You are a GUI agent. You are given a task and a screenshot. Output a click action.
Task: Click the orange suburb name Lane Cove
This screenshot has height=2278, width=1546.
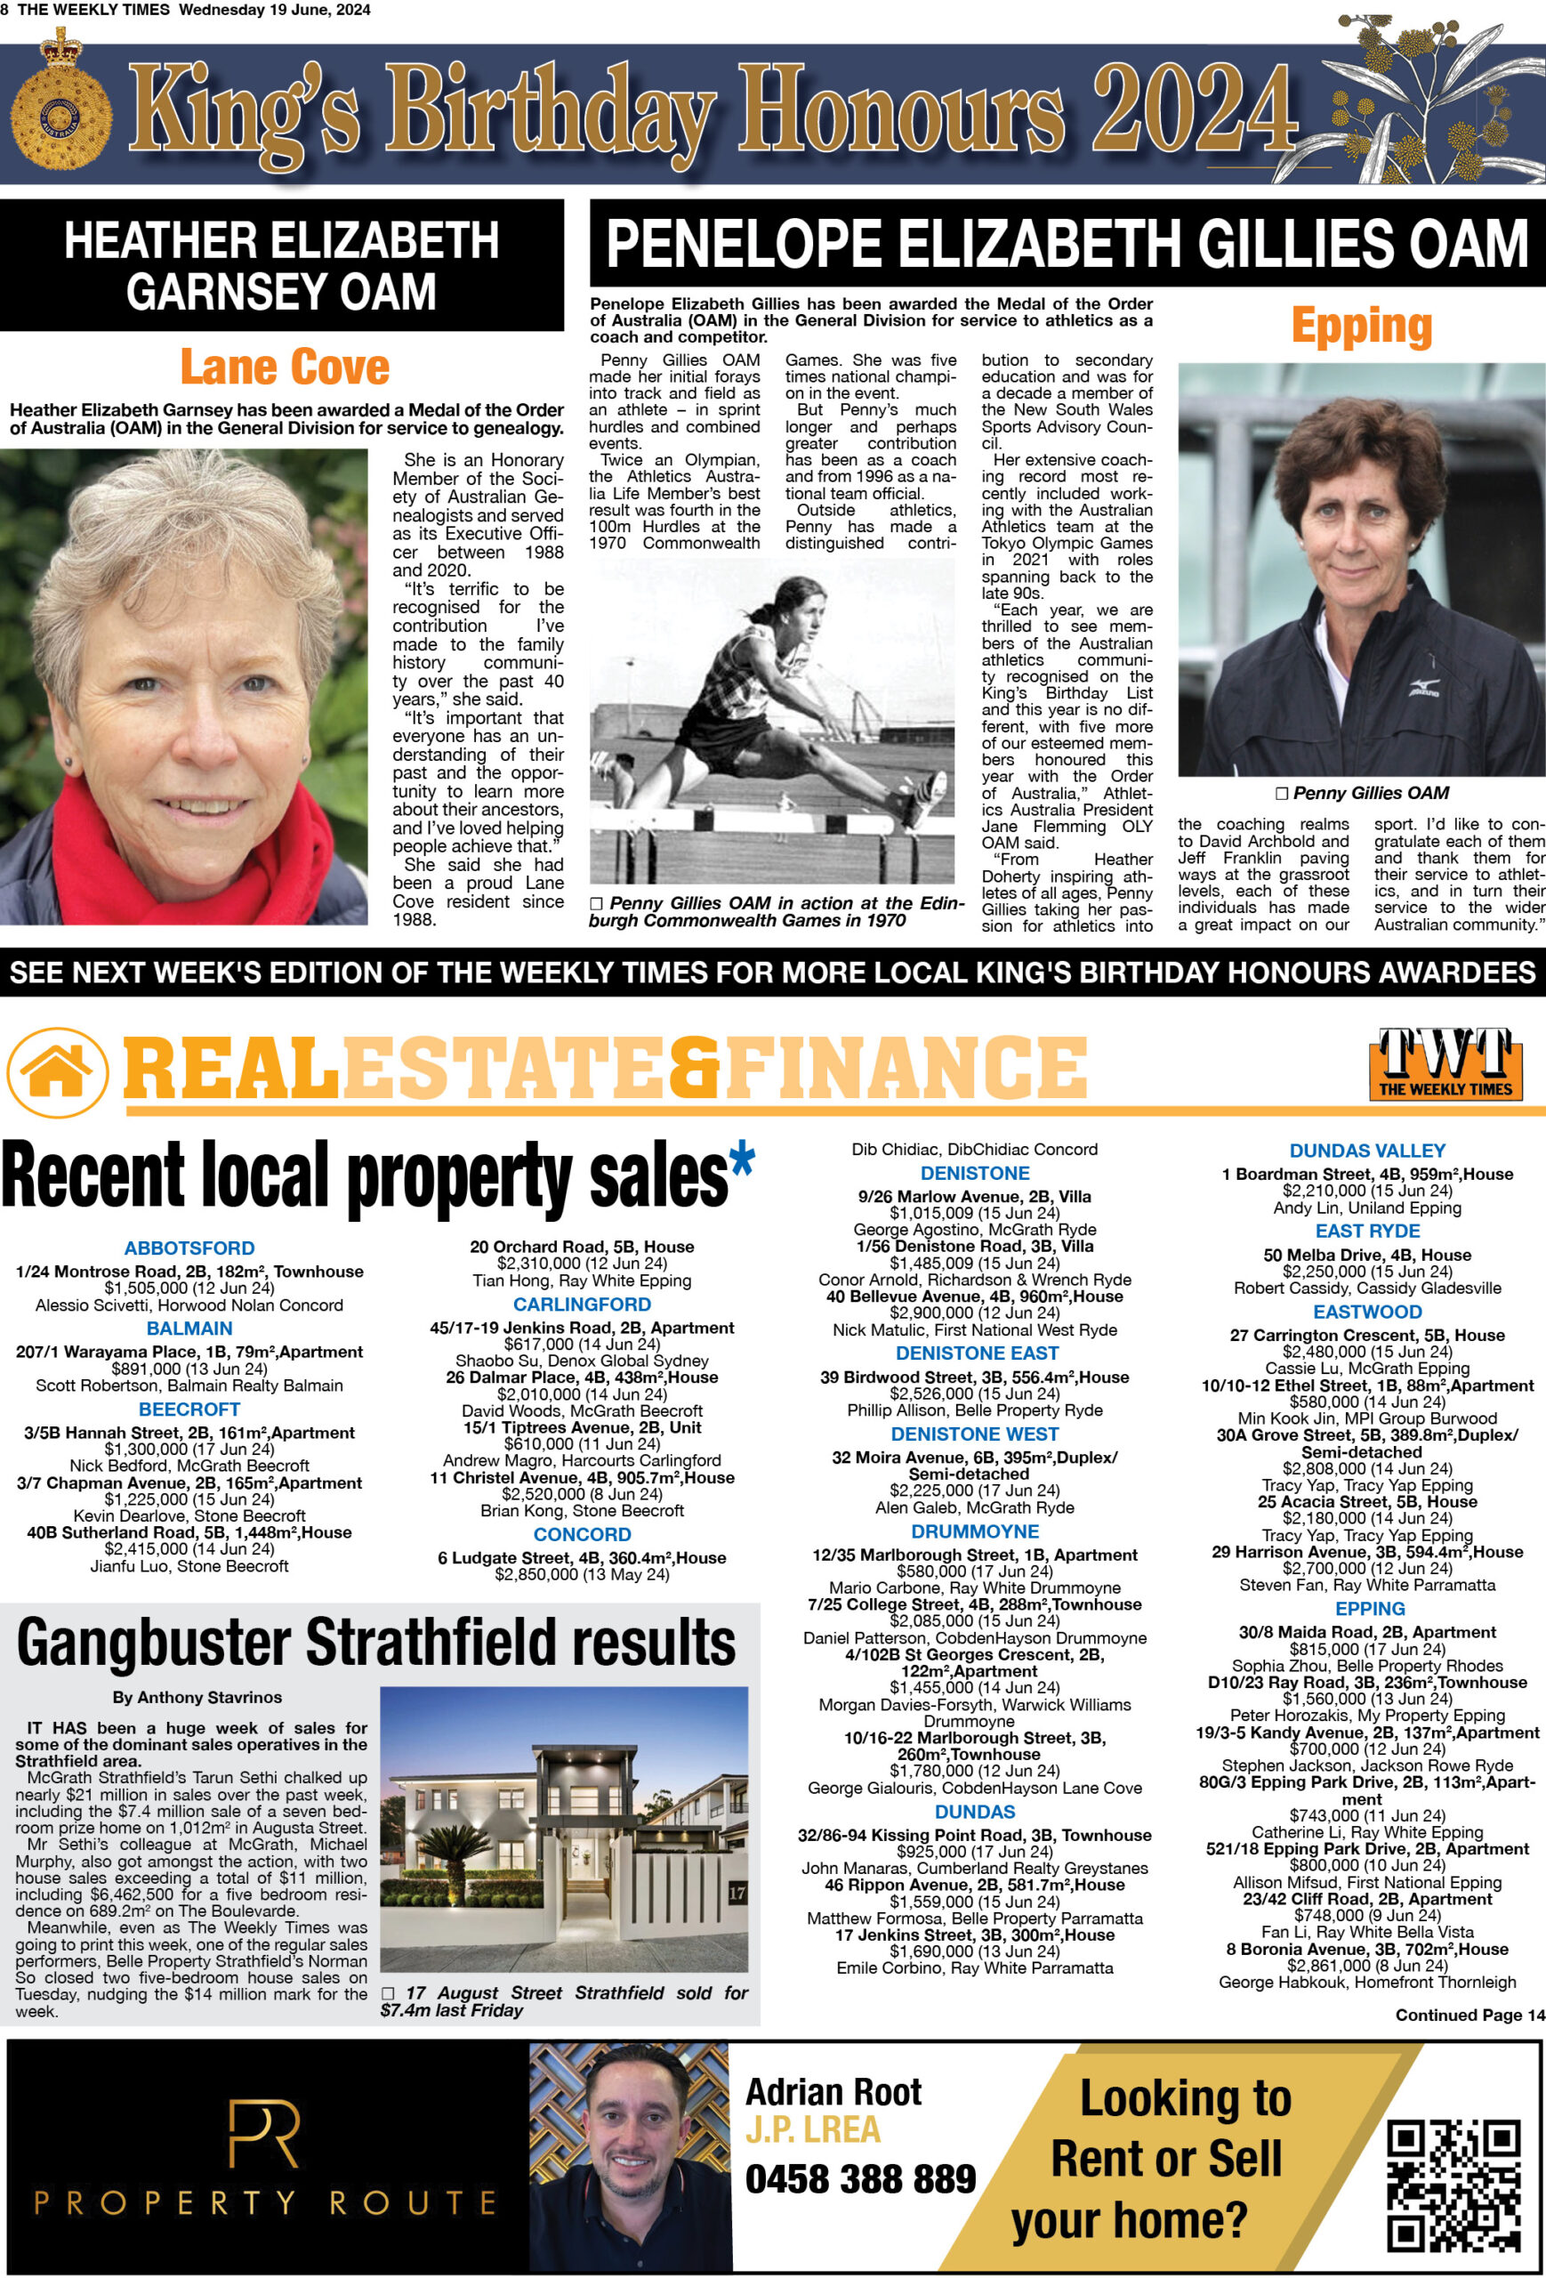[284, 368]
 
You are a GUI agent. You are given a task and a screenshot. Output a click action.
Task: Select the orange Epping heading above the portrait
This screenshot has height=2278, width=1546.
[1361, 327]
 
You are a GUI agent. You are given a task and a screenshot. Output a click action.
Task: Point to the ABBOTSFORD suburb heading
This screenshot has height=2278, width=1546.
[189, 1248]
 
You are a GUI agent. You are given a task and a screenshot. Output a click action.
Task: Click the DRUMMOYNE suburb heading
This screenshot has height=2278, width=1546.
[974, 1531]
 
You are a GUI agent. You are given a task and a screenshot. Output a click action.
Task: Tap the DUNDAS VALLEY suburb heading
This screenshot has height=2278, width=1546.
[1366, 1151]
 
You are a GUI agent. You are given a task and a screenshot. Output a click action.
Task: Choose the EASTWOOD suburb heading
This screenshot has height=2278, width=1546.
[1366, 1312]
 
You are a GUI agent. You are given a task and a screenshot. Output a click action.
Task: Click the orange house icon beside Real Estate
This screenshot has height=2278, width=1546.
[58, 1071]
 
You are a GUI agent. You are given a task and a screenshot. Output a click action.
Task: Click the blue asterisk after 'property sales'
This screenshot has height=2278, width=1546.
[742, 1159]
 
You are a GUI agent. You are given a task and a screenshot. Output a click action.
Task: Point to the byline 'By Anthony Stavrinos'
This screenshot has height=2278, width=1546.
[197, 1697]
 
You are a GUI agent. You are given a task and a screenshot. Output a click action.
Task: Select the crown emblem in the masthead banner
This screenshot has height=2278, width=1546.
[60, 98]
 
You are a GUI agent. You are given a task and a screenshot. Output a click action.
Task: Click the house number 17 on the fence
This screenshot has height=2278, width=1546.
[737, 1893]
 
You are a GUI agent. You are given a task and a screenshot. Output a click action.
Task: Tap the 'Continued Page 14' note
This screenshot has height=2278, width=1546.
[1470, 2015]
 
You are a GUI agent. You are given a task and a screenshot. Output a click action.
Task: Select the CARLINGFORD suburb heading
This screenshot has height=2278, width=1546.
[582, 1304]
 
